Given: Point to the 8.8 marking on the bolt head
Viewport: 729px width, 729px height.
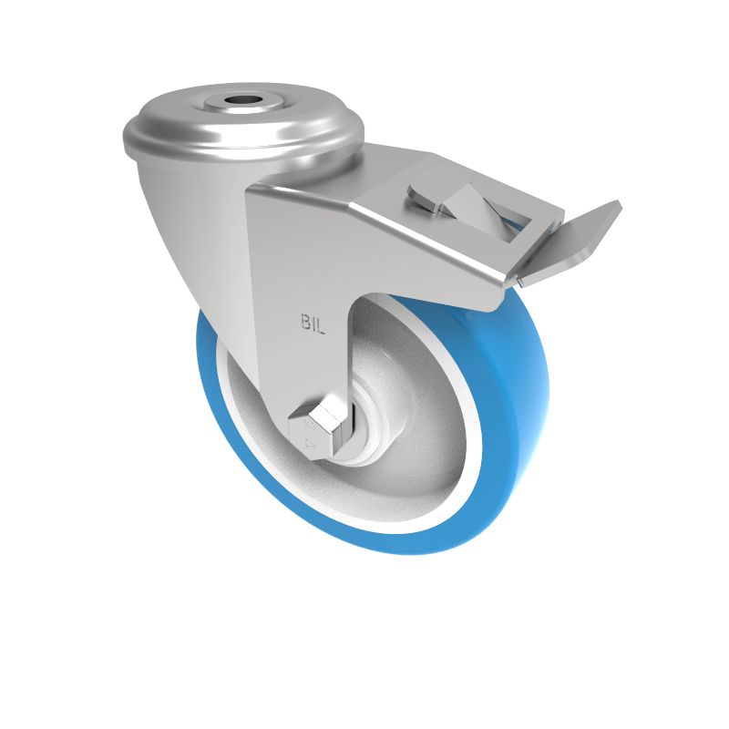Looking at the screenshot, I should [x=311, y=424].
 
